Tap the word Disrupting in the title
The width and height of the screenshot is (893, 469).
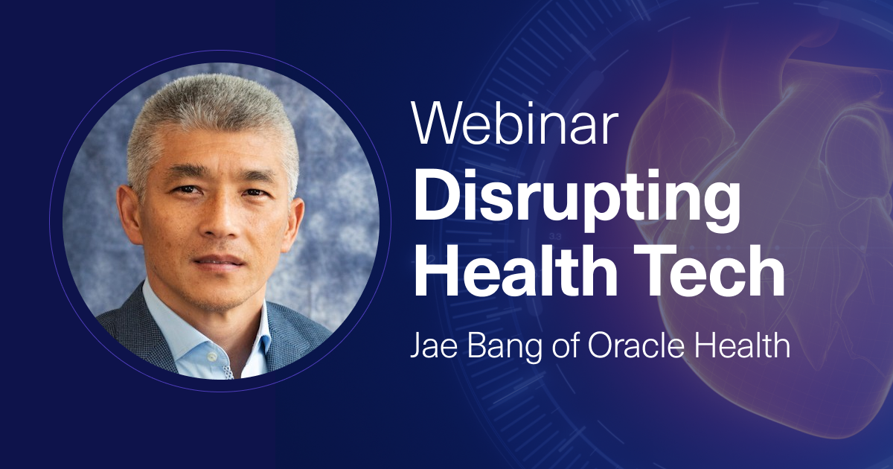(577, 200)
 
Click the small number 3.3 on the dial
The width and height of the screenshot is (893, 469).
(555, 237)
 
